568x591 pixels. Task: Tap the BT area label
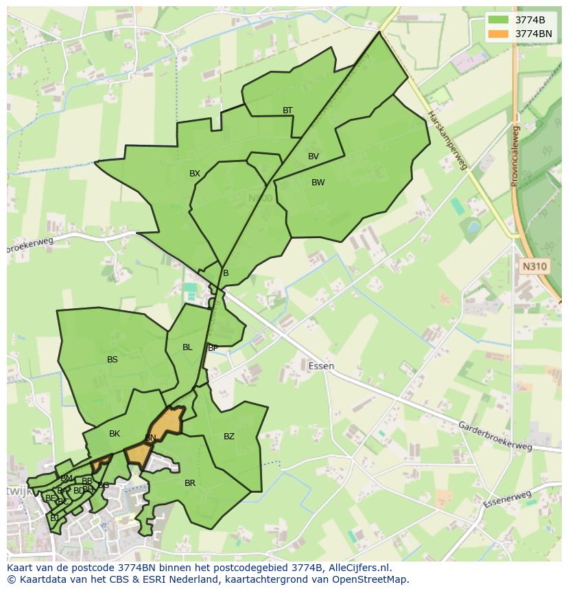[287, 111]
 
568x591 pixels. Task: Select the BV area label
[313, 157]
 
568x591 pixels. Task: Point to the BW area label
[318, 183]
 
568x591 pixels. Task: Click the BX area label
[195, 174]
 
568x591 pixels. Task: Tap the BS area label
[113, 359]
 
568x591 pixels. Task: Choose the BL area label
[187, 347]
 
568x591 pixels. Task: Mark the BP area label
[213, 348]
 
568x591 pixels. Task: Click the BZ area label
[229, 437]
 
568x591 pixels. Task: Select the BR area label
[190, 483]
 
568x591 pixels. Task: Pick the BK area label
[115, 434]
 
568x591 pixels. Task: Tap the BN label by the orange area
[150, 438]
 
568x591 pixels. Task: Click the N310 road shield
[535, 266]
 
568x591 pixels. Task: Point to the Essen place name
[321, 366]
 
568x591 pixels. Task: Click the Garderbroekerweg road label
[495, 436]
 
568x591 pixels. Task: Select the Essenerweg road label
[507, 499]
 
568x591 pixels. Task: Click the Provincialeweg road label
[514, 156]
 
